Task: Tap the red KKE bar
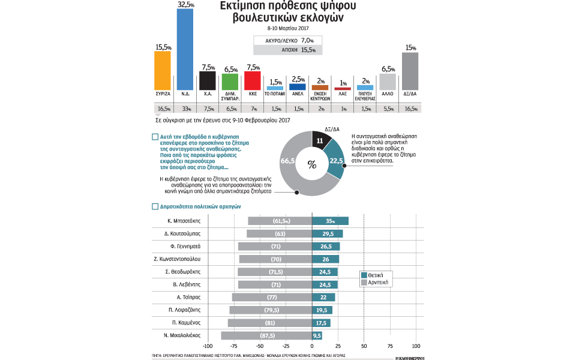[x=252, y=80]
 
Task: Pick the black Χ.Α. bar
[x=207, y=80]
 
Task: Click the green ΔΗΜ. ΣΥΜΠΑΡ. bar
[x=230, y=82]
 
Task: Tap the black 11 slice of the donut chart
[x=321, y=142]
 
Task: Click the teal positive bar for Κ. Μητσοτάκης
[x=330, y=221]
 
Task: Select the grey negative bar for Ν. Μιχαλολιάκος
[x=266, y=335]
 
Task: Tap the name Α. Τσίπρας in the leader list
[x=188, y=297]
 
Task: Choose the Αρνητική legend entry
[x=376, y=282]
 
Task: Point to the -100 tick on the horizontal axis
[x=208, y=347]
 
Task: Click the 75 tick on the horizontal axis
[x=390, y=347]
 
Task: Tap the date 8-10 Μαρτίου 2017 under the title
[x=287, y=28]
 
